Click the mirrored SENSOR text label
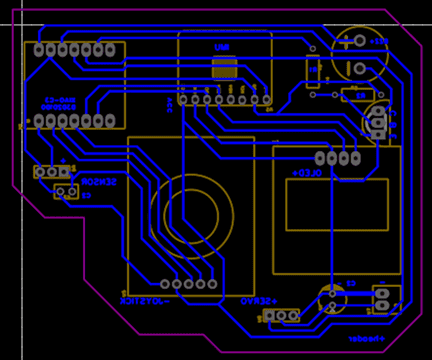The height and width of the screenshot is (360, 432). click(x=99, y=182)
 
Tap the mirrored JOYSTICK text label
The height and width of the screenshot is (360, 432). click(x=147, y=299)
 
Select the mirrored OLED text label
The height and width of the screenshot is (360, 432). click(x=306, y=173)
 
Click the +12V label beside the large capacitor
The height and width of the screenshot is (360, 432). click(x=377, y=41)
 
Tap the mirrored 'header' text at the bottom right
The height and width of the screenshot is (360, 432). click(x=366, y=339)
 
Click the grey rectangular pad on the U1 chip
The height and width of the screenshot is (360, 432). click(x=224, y=68)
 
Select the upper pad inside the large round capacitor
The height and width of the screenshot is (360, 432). click(x=359, y=42)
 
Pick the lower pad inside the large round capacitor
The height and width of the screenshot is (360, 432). click(x=359, y=67)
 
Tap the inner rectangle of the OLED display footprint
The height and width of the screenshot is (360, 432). click(x=337, y=204)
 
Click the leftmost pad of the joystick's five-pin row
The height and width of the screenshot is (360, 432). click(x=165, y=284)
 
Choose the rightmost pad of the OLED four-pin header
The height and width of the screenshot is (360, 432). click(x=354, y=158)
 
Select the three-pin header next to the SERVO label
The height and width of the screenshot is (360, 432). click(x=282, y=315)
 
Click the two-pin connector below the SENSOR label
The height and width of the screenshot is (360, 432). click(x=66, y=192)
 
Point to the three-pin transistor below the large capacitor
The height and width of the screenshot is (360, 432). click(x=378, y=121)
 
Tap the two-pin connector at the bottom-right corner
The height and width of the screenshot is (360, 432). click(x=383, y=300)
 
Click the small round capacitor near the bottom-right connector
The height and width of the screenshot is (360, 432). click(x=332, y=299)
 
